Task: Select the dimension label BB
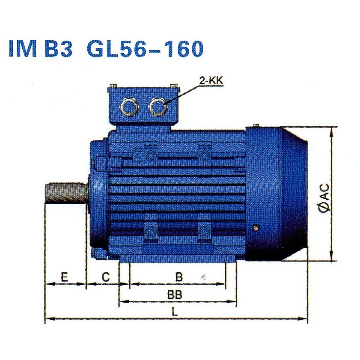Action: pyautogui.click(x=175, y=295)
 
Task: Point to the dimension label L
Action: pyautogui.click(x=175, y=312)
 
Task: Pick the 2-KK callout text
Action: pyautogui.click(x=211, y=81)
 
